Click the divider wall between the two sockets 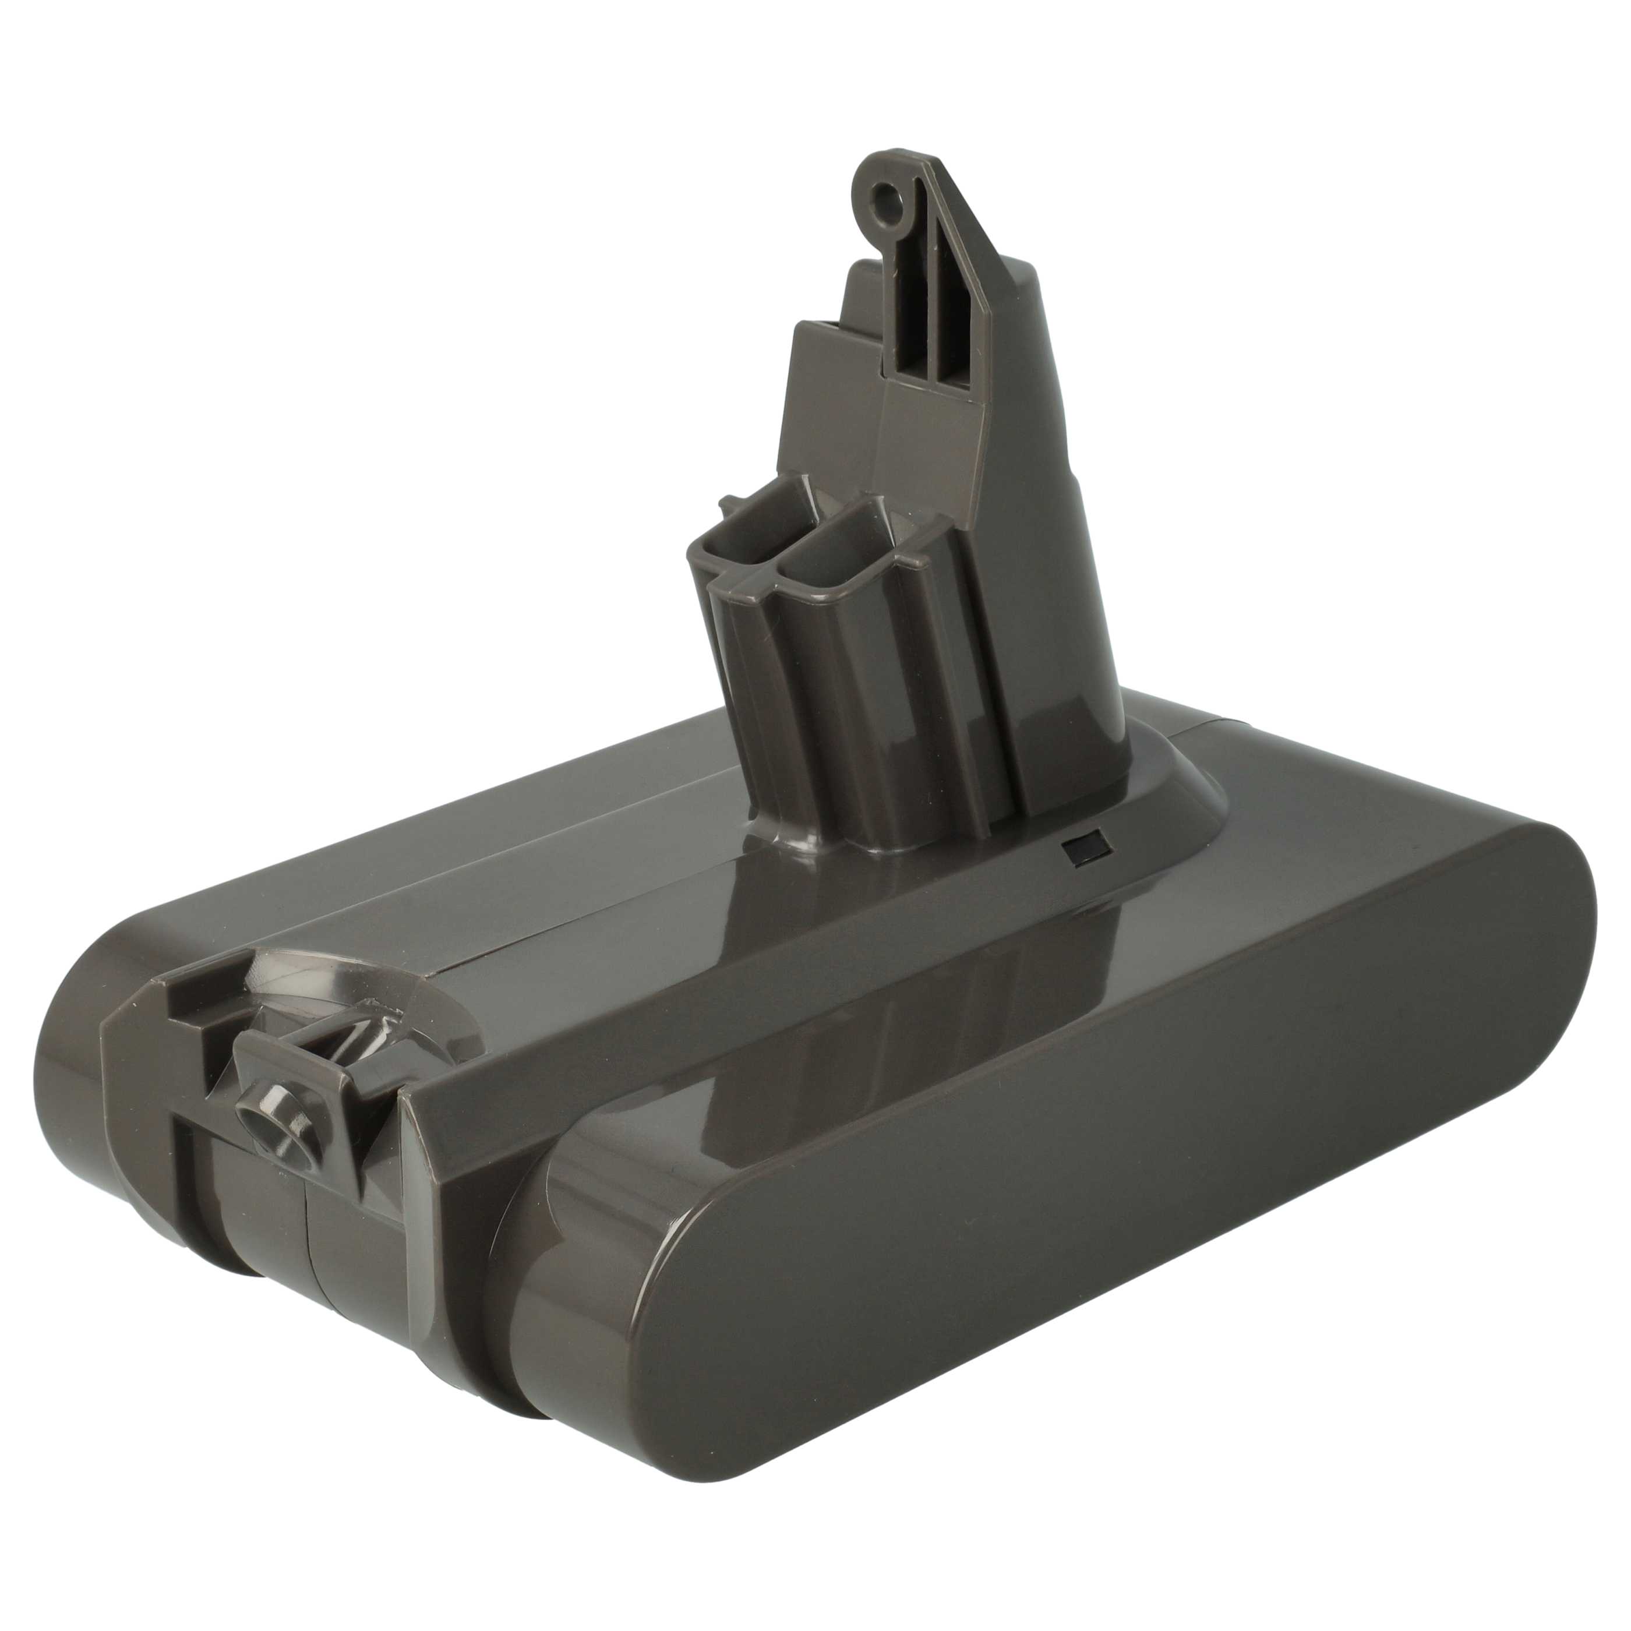[x=789, y=541]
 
